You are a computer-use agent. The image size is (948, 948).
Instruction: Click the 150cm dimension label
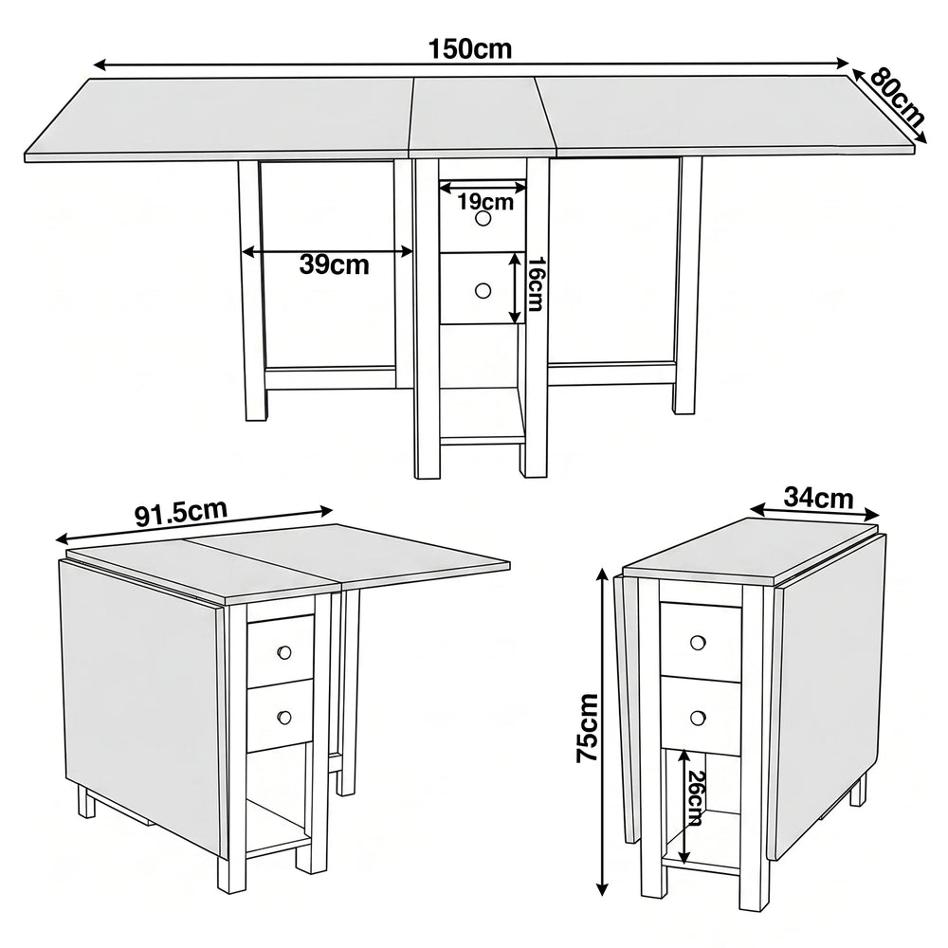pos(470,49)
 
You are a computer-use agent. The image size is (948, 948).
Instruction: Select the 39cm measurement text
pos(334,264)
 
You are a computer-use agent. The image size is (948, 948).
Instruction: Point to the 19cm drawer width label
pos(485,201)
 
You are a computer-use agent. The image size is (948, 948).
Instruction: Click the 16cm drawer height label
pos(536,283)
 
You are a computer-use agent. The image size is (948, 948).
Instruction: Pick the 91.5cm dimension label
pos(181,512)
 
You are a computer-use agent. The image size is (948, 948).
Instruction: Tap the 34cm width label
pos(819,498)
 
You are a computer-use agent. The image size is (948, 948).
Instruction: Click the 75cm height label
pos(587,727)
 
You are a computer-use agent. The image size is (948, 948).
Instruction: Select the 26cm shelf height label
pos(695,797)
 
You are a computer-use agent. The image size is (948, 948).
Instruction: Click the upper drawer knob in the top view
pos(483,219)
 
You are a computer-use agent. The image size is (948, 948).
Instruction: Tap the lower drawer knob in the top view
pos(483,291)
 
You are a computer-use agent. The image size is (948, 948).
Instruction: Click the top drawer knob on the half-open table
pos(284,652)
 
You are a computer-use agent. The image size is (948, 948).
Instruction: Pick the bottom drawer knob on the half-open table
pos(284,717)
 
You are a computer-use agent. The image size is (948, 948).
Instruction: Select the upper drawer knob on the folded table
pos(698,642)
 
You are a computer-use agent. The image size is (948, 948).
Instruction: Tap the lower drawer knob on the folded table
pos(698,718)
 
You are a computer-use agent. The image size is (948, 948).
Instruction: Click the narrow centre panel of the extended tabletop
pos(482,114)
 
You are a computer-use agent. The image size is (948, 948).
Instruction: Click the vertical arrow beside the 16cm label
pos(515,288)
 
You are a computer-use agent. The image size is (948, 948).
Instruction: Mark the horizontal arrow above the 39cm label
pos(327,252)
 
